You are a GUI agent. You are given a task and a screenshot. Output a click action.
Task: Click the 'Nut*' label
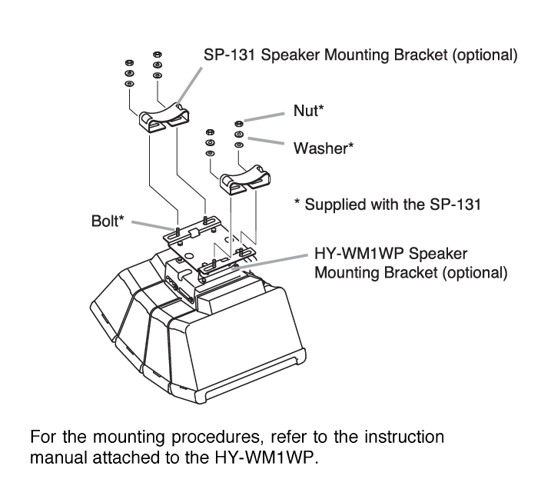pos(309,112)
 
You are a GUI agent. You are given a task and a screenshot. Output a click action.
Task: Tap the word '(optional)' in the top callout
pos(480,55)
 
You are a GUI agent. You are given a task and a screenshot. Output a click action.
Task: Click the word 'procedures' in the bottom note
pos(188,438)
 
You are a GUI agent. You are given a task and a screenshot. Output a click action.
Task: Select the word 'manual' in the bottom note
pos(57,455)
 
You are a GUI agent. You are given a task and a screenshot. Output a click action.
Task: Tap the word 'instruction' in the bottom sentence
pos(404,438)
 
